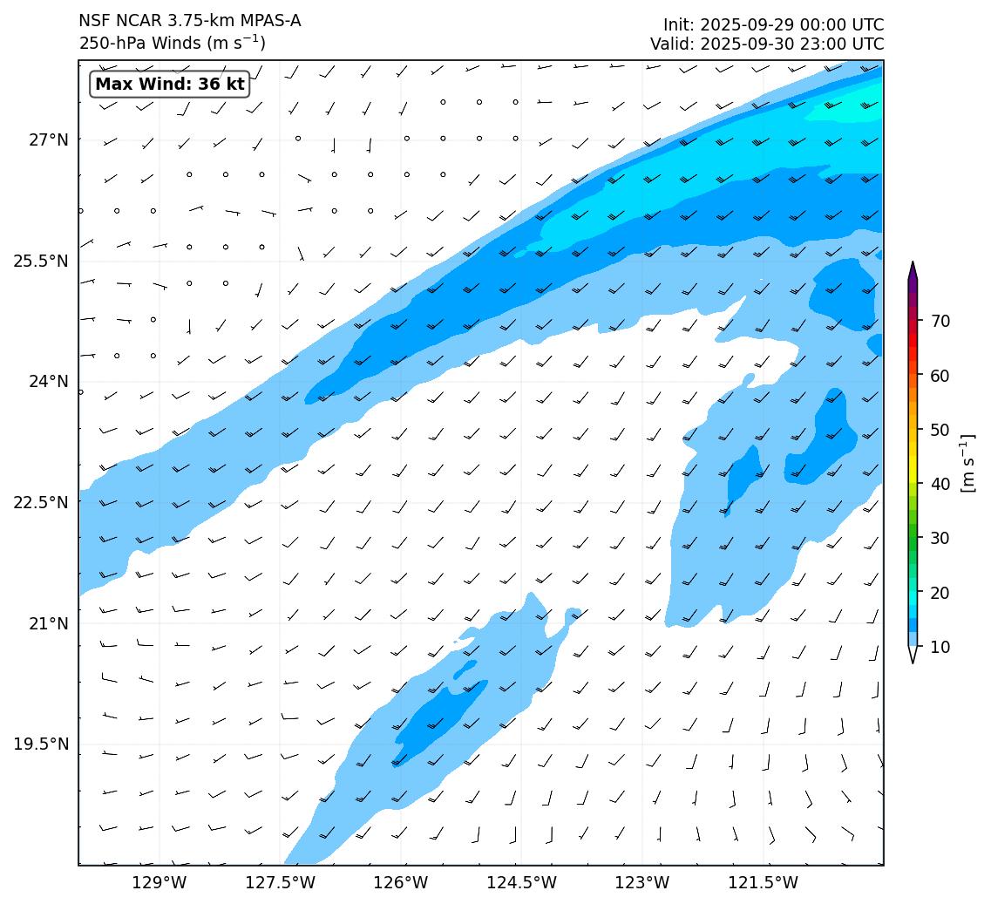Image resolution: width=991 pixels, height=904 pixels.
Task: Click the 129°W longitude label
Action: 160,883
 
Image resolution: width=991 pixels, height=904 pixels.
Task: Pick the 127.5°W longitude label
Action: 280,883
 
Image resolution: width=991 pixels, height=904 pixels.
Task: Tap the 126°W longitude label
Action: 401,883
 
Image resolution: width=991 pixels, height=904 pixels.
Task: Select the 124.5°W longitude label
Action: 521,883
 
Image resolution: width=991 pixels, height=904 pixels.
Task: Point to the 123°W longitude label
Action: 642,883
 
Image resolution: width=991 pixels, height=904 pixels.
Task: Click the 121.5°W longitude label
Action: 763,883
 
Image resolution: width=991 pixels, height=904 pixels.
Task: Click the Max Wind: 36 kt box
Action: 170,85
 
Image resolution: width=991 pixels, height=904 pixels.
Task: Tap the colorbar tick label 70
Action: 940,321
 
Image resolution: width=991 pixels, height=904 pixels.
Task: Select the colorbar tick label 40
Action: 940,484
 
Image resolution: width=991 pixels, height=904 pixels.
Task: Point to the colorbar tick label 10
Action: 940,647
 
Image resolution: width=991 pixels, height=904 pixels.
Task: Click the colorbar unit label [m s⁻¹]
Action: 967,463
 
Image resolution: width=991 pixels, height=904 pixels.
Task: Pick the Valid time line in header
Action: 767,44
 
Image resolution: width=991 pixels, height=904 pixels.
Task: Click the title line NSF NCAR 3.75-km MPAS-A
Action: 190,21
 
